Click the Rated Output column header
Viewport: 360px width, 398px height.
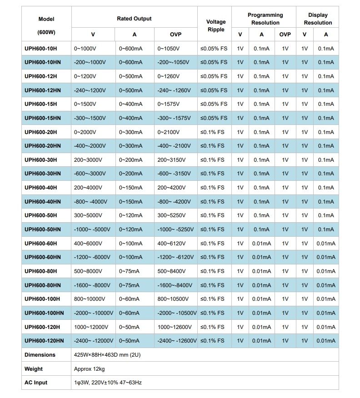134,19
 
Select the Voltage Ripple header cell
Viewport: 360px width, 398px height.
215,26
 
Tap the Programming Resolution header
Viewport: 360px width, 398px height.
265,19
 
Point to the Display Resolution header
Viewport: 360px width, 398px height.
318,19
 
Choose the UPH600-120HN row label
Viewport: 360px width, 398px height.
44,341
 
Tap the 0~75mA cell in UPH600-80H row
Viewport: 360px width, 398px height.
129,271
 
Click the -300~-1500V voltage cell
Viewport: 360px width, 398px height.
90,118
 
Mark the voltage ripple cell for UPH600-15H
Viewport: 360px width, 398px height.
214,104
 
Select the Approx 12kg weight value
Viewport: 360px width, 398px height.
89,369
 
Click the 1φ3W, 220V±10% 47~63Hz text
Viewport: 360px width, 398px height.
108,383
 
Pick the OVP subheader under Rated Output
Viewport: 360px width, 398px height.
175,35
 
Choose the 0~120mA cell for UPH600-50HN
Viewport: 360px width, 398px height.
130,229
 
